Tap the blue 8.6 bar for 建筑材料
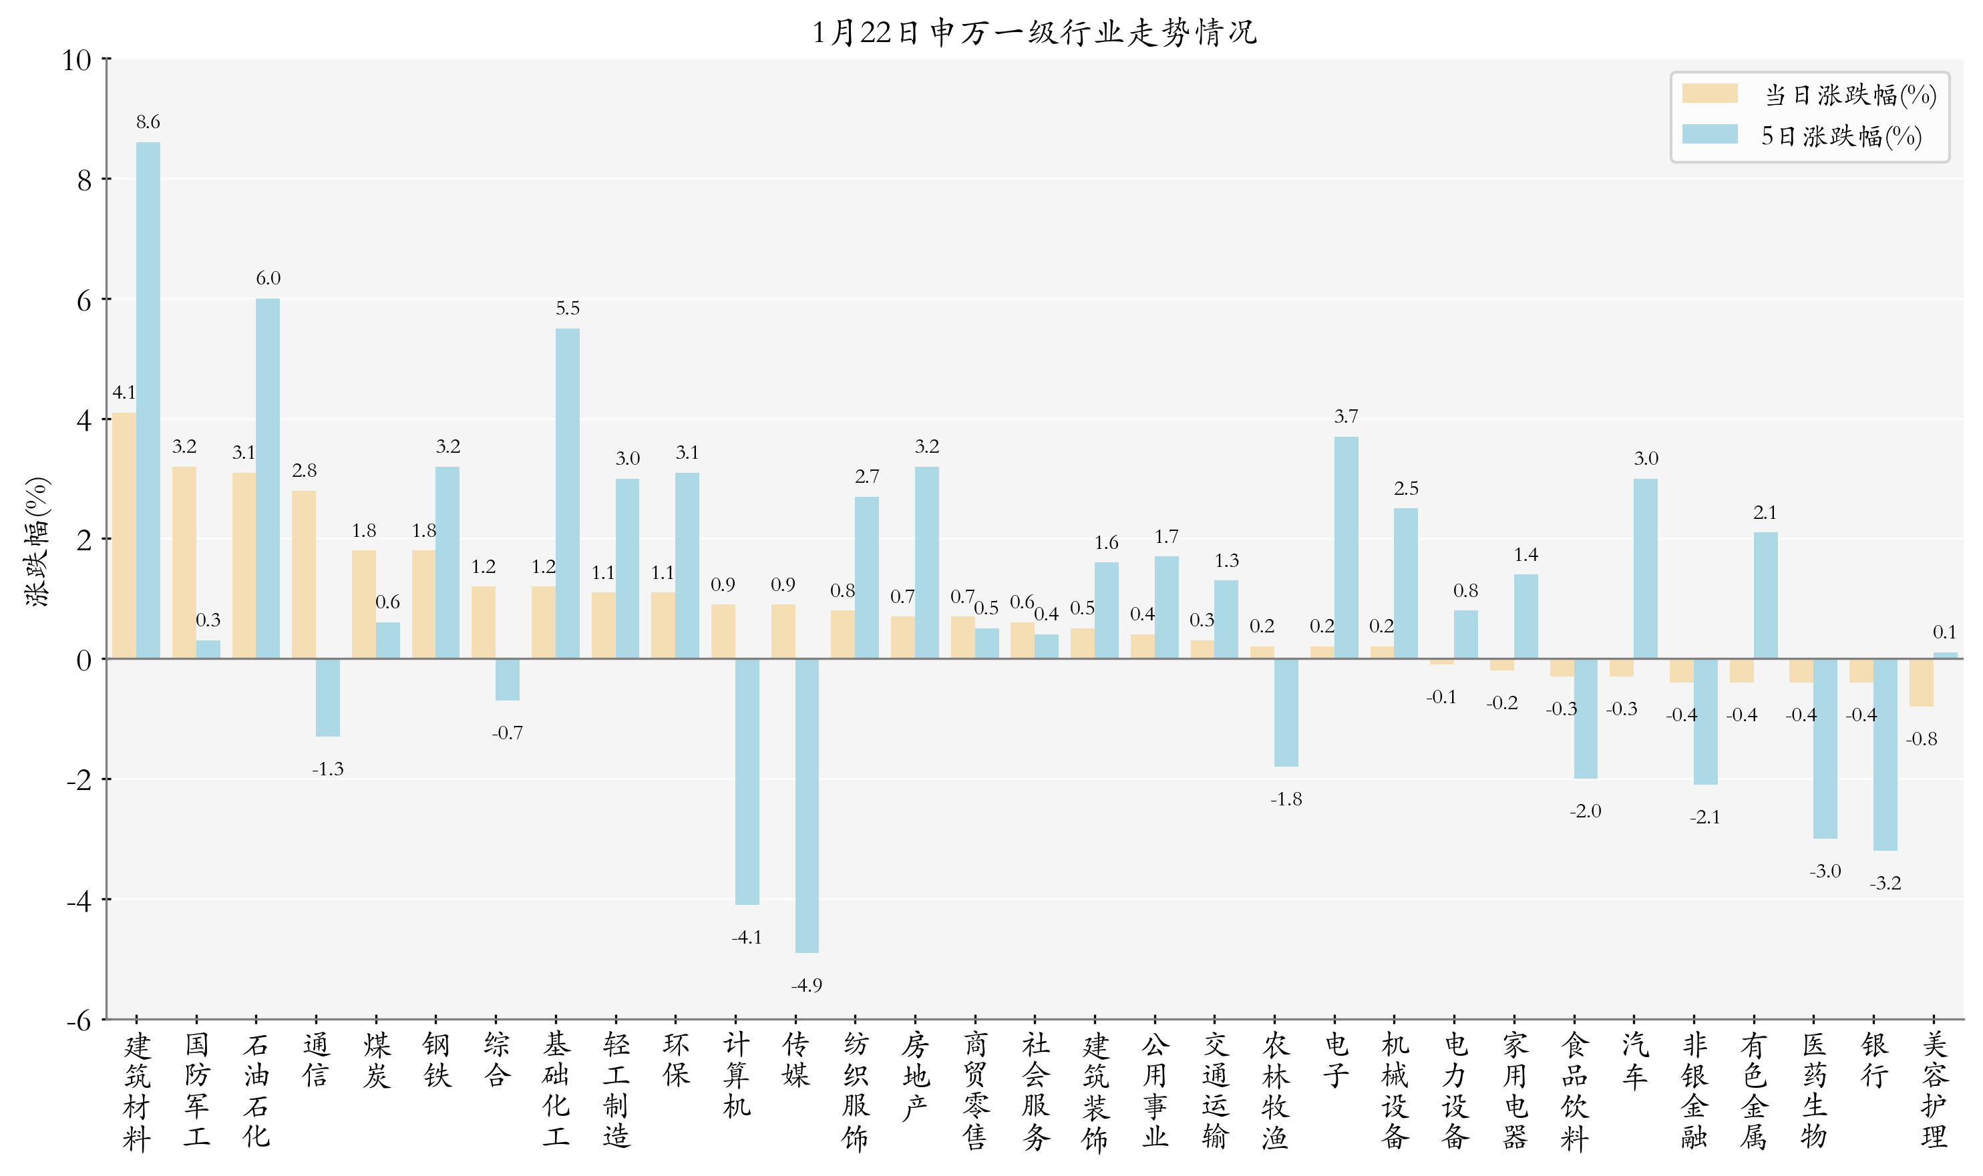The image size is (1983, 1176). (x=148, y=400)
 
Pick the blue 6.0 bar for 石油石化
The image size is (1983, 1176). (x=268, y=478)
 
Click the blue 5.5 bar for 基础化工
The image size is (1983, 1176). (x=568, y=493)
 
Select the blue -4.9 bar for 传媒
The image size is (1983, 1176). (x=807, y=805)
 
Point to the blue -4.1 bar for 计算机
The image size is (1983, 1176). (x=747, y=781)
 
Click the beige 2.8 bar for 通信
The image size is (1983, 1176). (x=303, y=574)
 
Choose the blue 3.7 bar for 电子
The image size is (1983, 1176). (x=1346, y=547)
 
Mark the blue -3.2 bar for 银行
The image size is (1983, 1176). (x=1885, y=755)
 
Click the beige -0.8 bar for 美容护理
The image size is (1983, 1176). (x=1921, y=682)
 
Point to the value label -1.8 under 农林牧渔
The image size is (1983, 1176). (x=1286, y=799)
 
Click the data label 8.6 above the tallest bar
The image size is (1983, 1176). (x=148, y=122)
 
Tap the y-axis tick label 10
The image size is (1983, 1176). (x=77, y=60)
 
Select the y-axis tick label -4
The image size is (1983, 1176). (x=79, y=901)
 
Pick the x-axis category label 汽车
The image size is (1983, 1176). (x=1634, y=1060)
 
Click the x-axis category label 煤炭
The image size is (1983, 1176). (x=377, y=1060)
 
